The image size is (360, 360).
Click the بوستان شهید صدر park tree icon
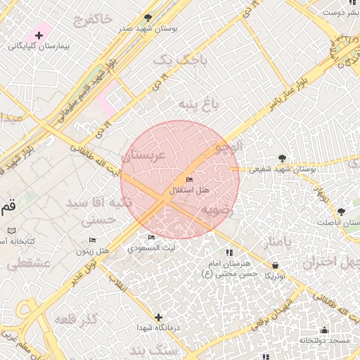click(x=147, y=18)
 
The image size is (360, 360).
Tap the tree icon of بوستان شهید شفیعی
click(x=282, y=158)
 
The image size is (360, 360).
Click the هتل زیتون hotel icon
click(x=93, y=240)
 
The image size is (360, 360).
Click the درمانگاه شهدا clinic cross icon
click(x=159, y=317)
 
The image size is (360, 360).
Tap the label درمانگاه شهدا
click(x=159, y=329)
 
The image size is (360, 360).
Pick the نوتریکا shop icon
click(x=275, y=265)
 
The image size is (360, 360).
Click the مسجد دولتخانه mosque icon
click(x=324, y=330)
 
